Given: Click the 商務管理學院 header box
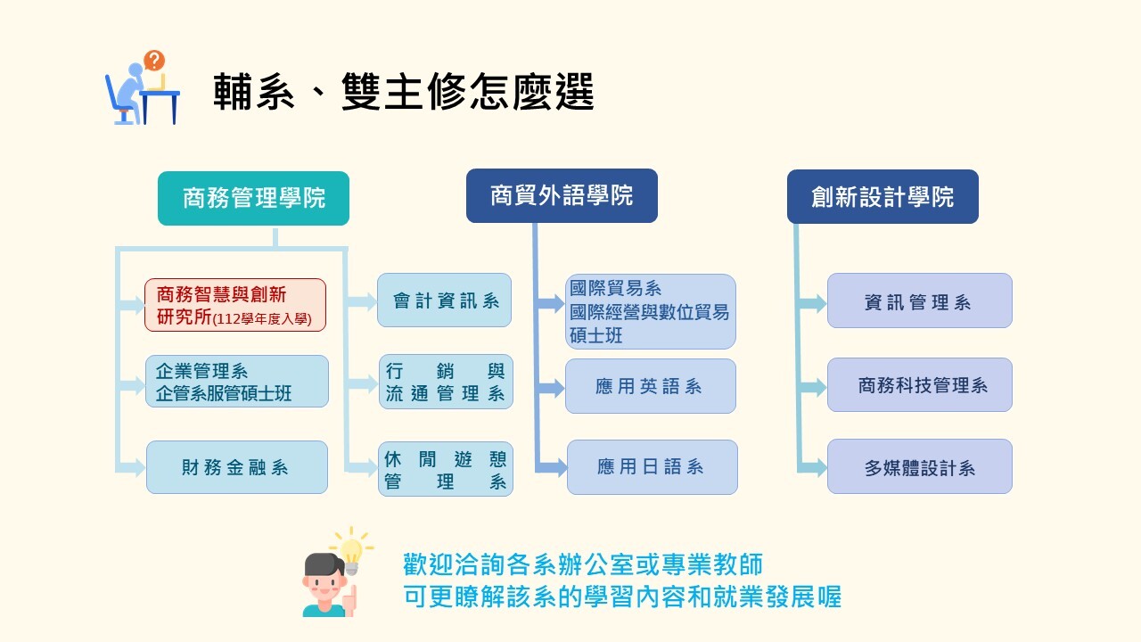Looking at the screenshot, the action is [x=253, y=198].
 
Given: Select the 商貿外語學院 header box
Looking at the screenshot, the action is [x=562, y=195].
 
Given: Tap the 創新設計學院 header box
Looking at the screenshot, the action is [x=882, y=197].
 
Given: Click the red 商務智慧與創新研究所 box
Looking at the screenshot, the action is [x=235, y=305].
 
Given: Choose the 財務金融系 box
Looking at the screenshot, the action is [x=237, y=467].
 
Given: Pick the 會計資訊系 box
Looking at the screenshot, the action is [x=444, y=300].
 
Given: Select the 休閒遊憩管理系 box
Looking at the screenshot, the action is [x=446, y=469].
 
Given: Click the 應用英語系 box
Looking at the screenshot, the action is [x=651, y=386].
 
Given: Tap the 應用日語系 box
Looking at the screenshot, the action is [x=652, y=466].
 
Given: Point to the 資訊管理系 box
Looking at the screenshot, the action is [x=919, y=300].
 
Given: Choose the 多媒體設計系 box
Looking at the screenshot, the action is [x=919, y=466].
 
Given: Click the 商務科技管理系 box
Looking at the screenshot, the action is [x=919, y=384].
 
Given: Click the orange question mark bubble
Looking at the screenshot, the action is [x=154, y=60].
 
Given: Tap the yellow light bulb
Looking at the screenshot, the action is [x=351, y=554].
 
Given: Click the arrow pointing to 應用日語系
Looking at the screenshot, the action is [x=551, y=467].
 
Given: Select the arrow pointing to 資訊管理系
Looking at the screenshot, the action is [x=811, y=304].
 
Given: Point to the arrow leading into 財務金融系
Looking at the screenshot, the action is [x=131, y=467].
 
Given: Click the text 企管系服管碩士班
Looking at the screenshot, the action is [x=224, y=393].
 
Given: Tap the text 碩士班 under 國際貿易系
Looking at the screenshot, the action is [x=596, y=335].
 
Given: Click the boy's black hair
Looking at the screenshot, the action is [x=324, y=564].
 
